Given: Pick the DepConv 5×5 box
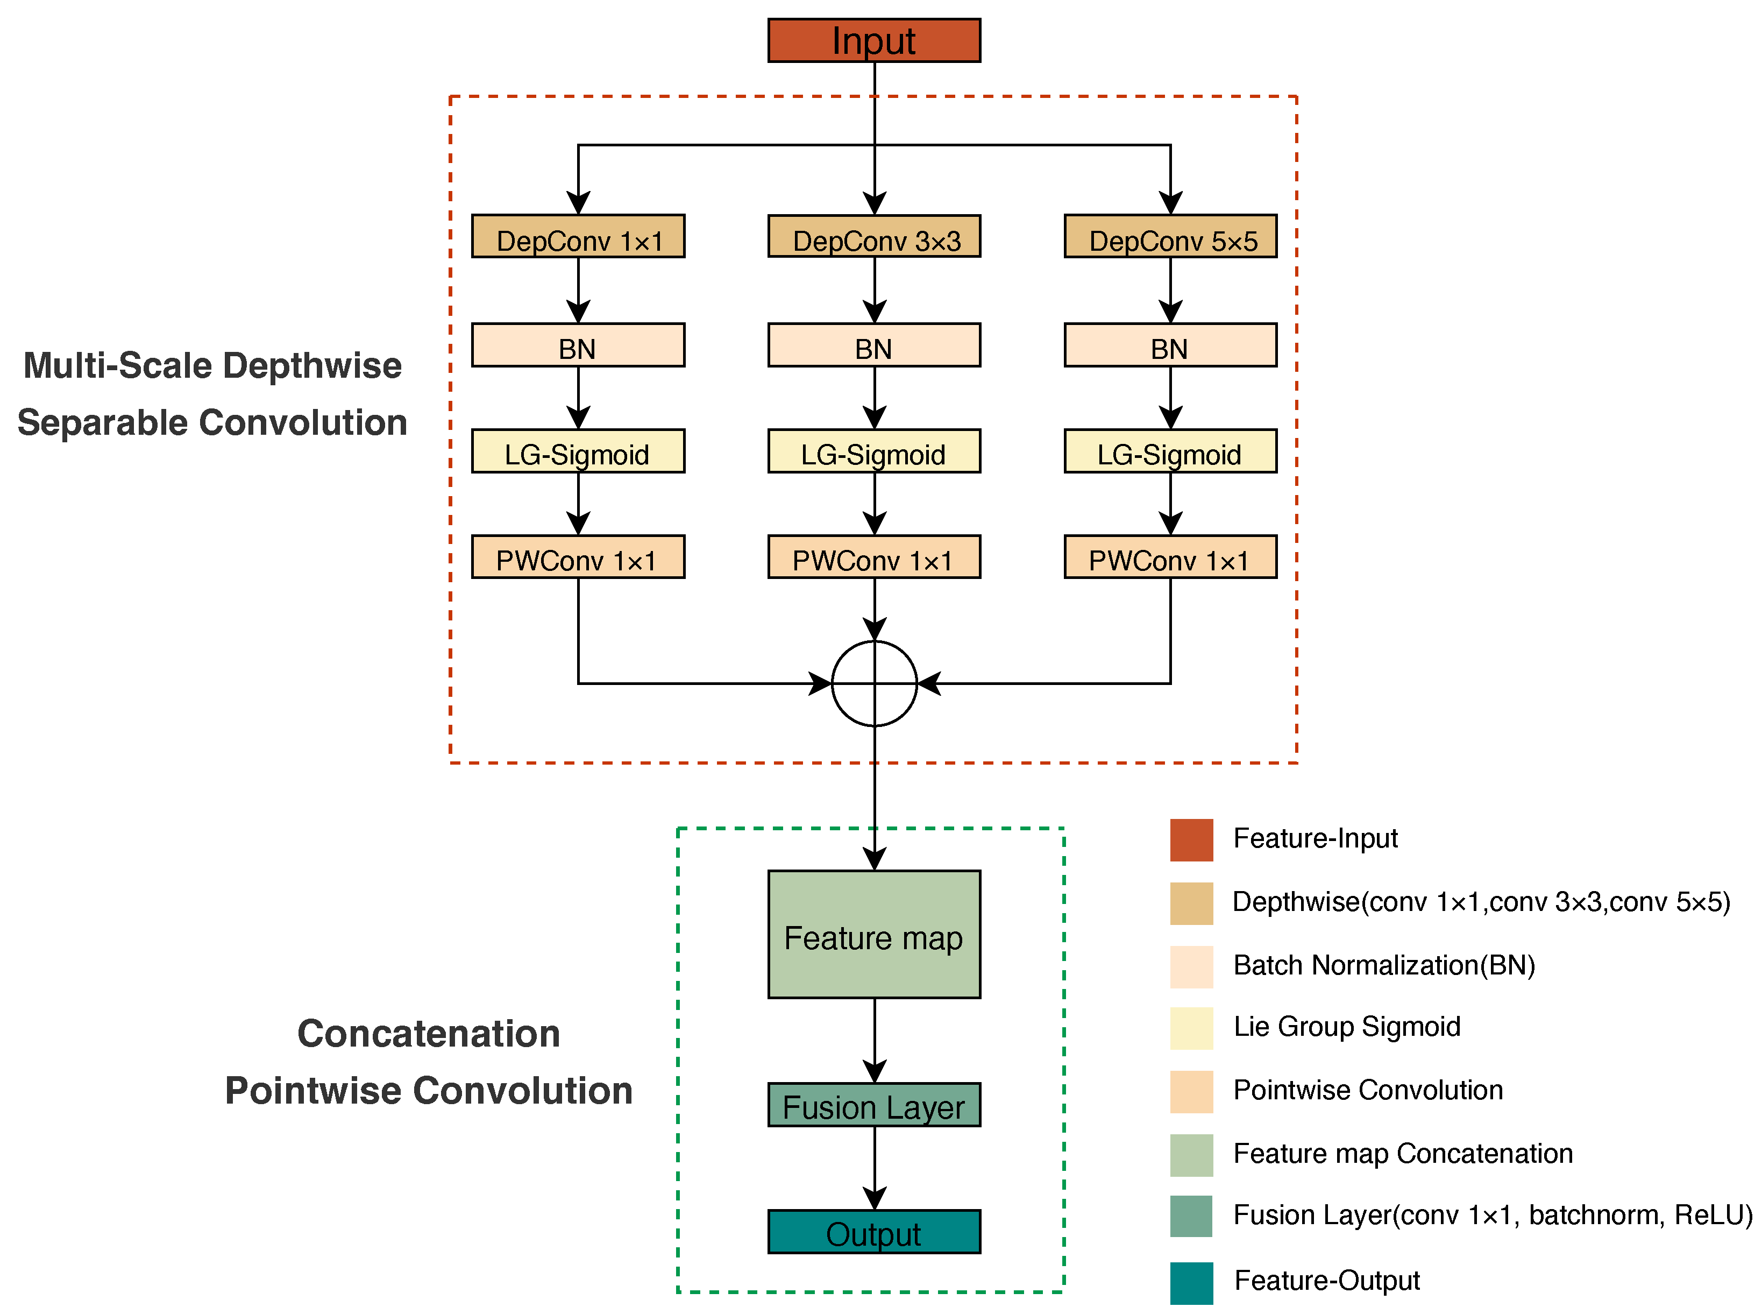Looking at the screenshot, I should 1170,236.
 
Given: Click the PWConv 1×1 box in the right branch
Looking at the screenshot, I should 1170,557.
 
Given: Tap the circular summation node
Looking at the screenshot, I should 874,683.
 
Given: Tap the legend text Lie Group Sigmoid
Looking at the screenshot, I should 1346,1026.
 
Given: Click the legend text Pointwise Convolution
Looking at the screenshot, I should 1368,1090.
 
